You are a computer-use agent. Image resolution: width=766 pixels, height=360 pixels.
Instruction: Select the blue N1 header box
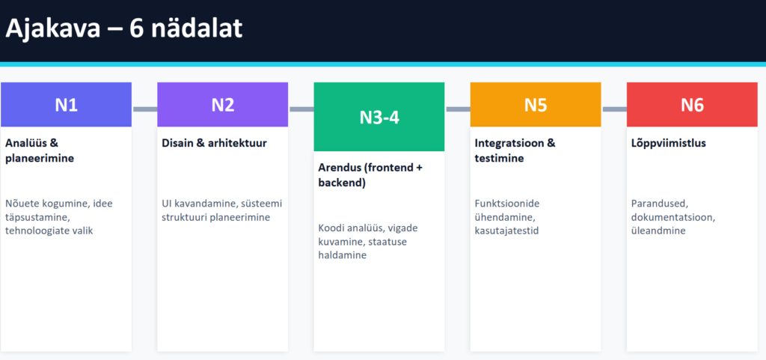click(x=66, y=105)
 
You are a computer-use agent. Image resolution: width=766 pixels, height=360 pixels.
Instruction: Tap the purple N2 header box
click(x=223, y=105)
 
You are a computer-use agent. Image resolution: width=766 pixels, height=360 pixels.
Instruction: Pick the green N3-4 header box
click(x=379, y=117)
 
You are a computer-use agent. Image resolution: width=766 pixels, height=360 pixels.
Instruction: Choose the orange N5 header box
click(x=536, y=105)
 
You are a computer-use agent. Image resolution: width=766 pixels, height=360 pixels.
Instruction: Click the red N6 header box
click(x=692, y=105)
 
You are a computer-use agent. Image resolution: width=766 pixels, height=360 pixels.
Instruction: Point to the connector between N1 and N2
click(x=144, y=109)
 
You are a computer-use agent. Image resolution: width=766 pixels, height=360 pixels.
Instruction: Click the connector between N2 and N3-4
click(x=301, y=109)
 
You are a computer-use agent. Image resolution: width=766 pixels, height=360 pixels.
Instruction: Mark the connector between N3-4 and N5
click(x=457, y=109)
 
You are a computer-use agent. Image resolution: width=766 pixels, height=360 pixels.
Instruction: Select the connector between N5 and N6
click(x=614, y=109)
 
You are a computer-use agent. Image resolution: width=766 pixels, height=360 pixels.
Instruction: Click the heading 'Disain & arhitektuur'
click(x=215, y=143)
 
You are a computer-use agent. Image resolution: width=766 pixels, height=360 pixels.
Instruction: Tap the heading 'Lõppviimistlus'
click(x=668, y=144)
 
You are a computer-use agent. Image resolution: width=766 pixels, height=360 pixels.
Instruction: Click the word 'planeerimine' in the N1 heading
click(x=40, y=159)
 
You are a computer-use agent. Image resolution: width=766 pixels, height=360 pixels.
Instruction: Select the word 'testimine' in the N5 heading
click(x=499, y=158)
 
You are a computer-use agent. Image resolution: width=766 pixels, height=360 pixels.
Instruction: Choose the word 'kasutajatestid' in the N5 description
click(x=506, y=231)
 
